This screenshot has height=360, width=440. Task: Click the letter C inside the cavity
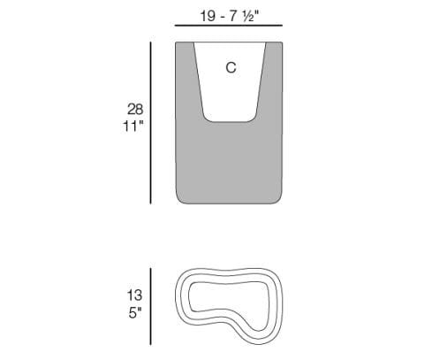[x=231, y=67]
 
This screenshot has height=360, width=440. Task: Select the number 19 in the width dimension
[x=207, y=15]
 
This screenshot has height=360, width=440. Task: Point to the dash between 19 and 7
[x=224, y=15]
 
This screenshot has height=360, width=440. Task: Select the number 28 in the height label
[x=135, y=109]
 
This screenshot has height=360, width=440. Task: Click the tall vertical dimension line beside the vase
[x=152, y=122]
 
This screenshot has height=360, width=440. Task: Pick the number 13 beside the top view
[x=135, y=295]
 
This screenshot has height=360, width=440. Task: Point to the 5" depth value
[x=135, y=312]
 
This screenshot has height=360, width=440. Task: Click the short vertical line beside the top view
[x=152, y=305]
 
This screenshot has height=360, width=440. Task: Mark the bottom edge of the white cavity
[x=231, y=121]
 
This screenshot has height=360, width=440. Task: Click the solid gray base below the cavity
[x=231, y=164]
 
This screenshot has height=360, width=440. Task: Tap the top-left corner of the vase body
[x=177, y=43]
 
